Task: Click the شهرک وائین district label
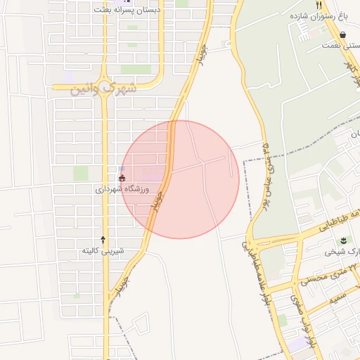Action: point(103,89)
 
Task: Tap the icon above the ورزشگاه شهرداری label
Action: point(122,178)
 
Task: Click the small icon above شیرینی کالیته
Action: point(103,240)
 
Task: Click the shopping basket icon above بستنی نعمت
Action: point(342,34)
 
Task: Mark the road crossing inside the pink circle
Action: point(203,162)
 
